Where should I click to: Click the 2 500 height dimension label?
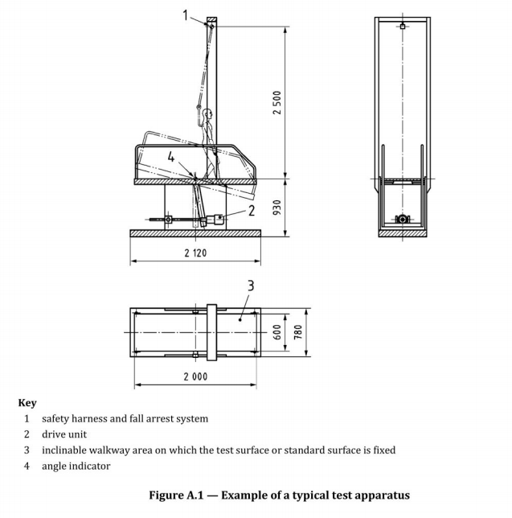point(277,102)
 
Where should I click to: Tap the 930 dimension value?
point(277,208)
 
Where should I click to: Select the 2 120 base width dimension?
point(195,253)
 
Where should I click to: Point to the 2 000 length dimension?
point(195,376)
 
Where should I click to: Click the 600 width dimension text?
point(277,332)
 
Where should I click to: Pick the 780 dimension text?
point(297,332)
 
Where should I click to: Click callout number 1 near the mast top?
point(186,15)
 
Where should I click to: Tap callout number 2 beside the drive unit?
point(252,211)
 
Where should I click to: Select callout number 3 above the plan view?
point(251,286)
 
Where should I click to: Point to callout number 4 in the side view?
point(170,157)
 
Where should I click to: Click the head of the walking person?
point(208,114)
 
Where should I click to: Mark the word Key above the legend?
point(27,403)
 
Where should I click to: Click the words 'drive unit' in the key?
point(64,434)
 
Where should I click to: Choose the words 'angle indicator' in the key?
point(76,467)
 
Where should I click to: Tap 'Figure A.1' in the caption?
point(176,495)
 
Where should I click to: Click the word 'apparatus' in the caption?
point(385,495)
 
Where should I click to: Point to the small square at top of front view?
point(403,26)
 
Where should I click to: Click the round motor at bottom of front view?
point(403,219)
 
